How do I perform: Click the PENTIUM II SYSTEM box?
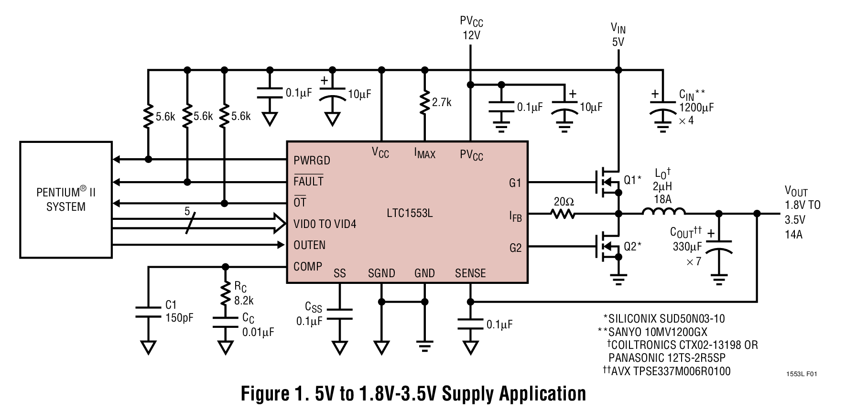(66, 200)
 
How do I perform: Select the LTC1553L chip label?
(410, 213)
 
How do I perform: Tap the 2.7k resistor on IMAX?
(423, 103)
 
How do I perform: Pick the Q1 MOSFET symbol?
(607, 183)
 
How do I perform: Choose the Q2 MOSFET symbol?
(607, 247)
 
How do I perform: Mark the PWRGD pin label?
(312, 160)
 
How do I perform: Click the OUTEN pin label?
(309, 245)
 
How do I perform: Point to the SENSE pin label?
(470, 273)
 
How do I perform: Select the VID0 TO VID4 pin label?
(325, 224)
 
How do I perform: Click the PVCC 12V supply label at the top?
(471, 28)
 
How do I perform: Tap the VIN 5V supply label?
(618, 35)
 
